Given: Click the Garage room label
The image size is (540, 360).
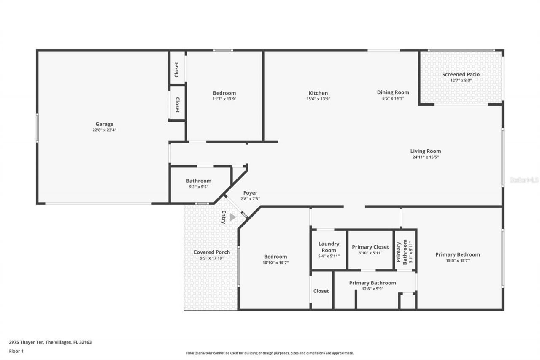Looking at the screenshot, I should pyautogui.click(x=104, y=124).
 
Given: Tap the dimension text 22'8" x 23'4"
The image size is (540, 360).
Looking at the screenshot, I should pyautogui.click(x=104, y=130).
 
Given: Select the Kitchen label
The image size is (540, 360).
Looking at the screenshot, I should pyautogui.click(x=318, y=93).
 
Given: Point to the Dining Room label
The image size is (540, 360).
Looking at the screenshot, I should pyautogui.click(x=393, y=92).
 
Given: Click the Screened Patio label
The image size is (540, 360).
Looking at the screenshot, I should pyautogui.click(x=461, y=75).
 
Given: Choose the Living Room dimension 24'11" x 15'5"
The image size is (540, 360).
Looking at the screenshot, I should pyautogui.click(x=426, y=157).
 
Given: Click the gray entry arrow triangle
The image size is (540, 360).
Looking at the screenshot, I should pyautogui.click(x=232, y=217).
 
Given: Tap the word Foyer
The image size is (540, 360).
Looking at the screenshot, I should pyautogui.click(x=250, y=193).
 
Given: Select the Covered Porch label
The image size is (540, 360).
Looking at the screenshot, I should pyautogui.click(x=212, y=252).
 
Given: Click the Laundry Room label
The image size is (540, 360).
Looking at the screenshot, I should pyautogui.click(x=329, y=247).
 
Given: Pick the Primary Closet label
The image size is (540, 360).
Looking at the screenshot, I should pyautogui.click(x=370, y=247).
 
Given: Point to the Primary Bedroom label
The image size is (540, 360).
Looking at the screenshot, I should pyautogui.click(x=458, y=254).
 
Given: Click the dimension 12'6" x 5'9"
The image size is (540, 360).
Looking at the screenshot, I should pyautogui.click(x=372, y=289).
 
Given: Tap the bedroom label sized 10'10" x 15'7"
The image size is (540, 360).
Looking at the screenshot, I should pyautogui.click(x=275, y=257).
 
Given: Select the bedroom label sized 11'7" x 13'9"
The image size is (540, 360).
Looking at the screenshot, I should pyautogui.click(x=224, y=93).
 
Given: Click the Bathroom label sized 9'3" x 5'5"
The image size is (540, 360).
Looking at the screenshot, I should pyautogui.click(x=199, y=181).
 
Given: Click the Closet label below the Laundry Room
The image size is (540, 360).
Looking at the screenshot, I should pyautogui.click(x=321, y=291).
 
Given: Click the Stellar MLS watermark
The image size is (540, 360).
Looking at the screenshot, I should pyautogui.click(x=524, y=180).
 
